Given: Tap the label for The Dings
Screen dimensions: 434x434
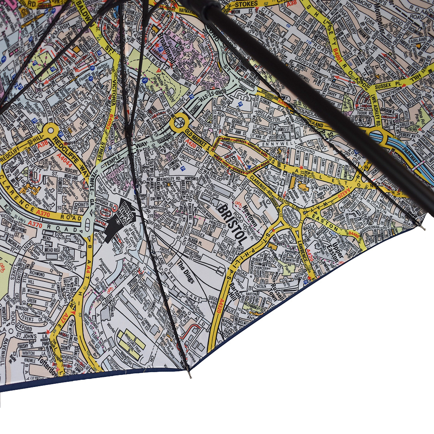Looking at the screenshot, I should [186, 272].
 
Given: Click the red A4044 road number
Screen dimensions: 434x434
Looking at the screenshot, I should [65, 161].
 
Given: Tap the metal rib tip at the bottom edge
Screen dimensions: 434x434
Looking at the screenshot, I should [190, 377].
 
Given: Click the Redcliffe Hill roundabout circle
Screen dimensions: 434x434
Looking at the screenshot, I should [51, 129].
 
